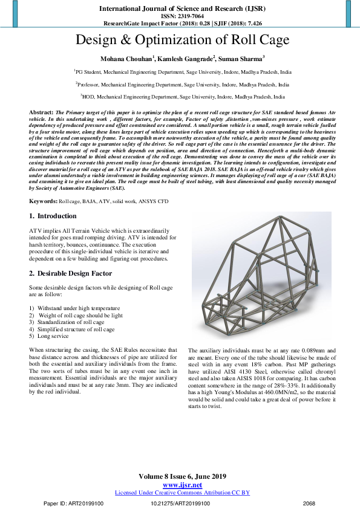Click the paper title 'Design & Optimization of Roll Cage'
tap(182, 41)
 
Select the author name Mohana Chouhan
tap(126, 59)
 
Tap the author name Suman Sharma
tap(241, 59)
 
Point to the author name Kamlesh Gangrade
tap(183, 59)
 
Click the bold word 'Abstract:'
tap(41, 113)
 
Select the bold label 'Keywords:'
tap(44, 200)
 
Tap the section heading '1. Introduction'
tap(53, 216)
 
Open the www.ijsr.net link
tap(182, 485)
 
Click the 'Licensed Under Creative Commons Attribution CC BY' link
tap(182, 493)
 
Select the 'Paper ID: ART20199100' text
tap(74, 503)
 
